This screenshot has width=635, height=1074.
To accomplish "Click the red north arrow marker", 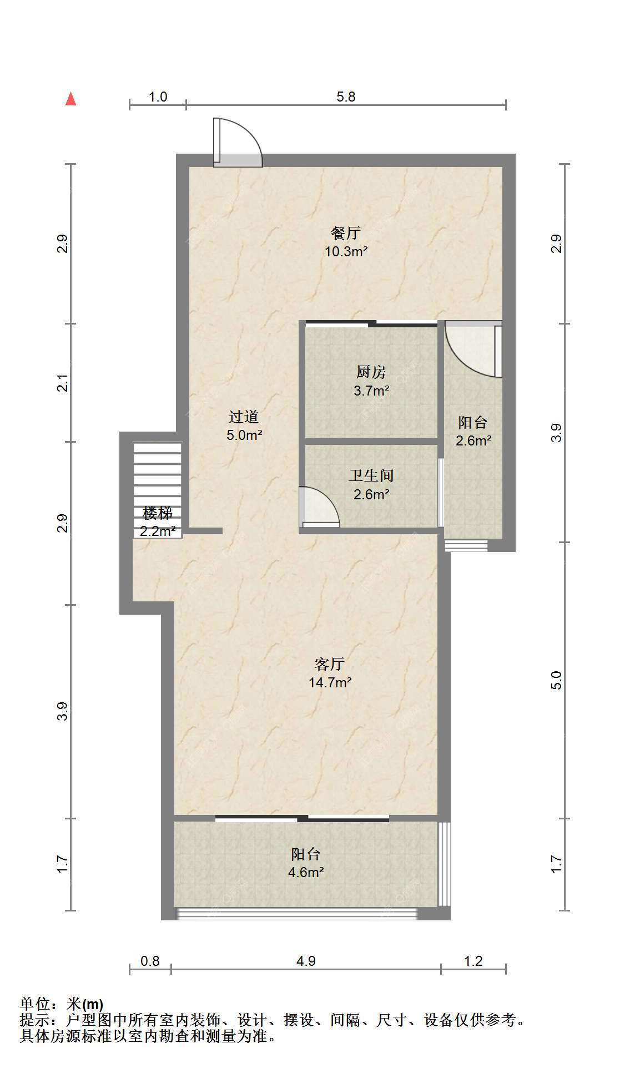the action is [70, 99].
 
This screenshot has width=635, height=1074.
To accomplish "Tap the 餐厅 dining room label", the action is [346, 233].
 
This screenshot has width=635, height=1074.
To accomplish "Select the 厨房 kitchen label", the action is [371, 372].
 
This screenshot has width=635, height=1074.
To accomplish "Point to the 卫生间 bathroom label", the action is [371, 475].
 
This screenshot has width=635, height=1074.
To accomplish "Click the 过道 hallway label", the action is [244, 417].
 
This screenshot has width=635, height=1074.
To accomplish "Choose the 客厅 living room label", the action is [330, 664].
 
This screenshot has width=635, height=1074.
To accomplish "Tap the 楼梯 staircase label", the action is [158, 513].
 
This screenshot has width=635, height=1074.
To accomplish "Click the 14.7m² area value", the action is [330, 682].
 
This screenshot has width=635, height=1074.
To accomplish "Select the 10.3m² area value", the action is [346, 251].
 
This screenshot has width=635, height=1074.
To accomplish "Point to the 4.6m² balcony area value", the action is [306, 872].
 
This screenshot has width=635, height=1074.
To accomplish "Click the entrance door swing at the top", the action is [238, 142].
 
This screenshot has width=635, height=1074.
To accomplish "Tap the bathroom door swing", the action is [319, 506].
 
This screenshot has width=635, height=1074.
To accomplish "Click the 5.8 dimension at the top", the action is [346, 97].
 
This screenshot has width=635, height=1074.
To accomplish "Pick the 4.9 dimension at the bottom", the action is [306, 961].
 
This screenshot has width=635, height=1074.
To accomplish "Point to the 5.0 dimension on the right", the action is [556, 680].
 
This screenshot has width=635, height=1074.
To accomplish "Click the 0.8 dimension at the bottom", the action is [150, 961].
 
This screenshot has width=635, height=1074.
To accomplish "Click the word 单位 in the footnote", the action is [35, 1004].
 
